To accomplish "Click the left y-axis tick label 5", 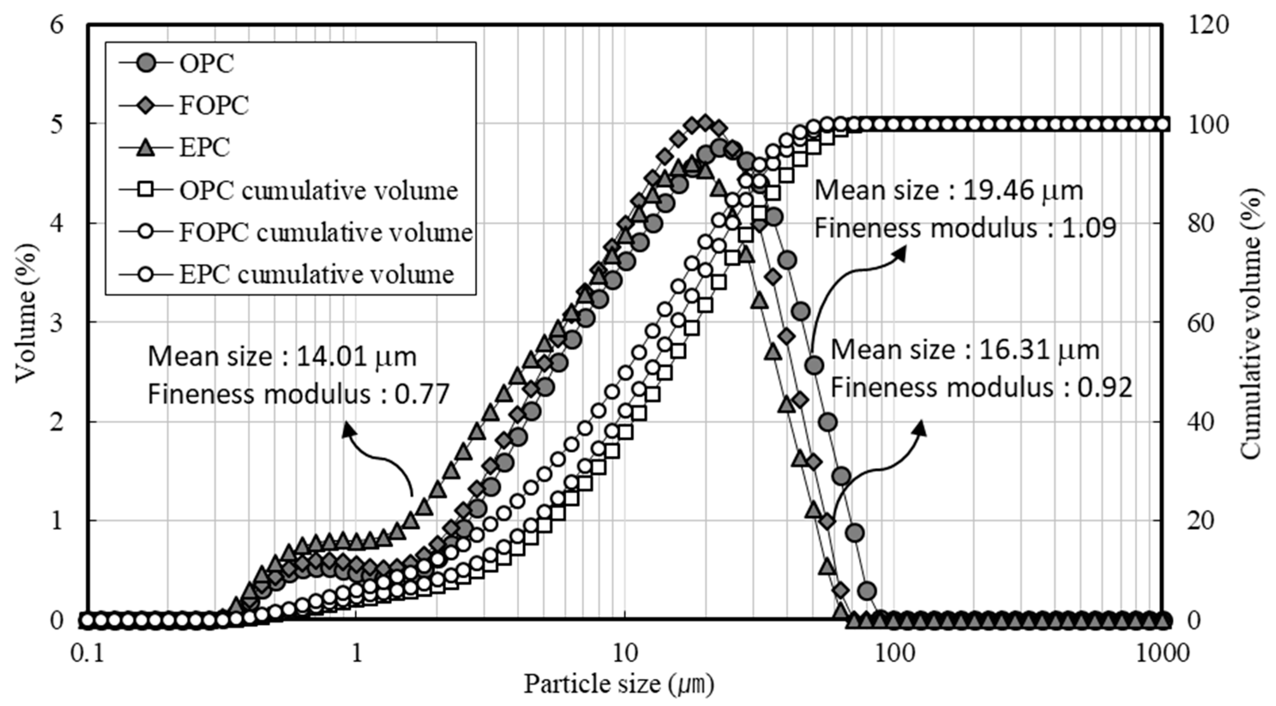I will point(57,124).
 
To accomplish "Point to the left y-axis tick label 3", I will point(57,323).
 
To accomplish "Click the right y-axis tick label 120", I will point(1208,24).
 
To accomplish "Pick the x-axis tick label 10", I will point(625,653).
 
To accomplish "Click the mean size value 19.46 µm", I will point(1022,191).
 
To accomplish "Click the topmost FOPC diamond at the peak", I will point(706,122).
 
